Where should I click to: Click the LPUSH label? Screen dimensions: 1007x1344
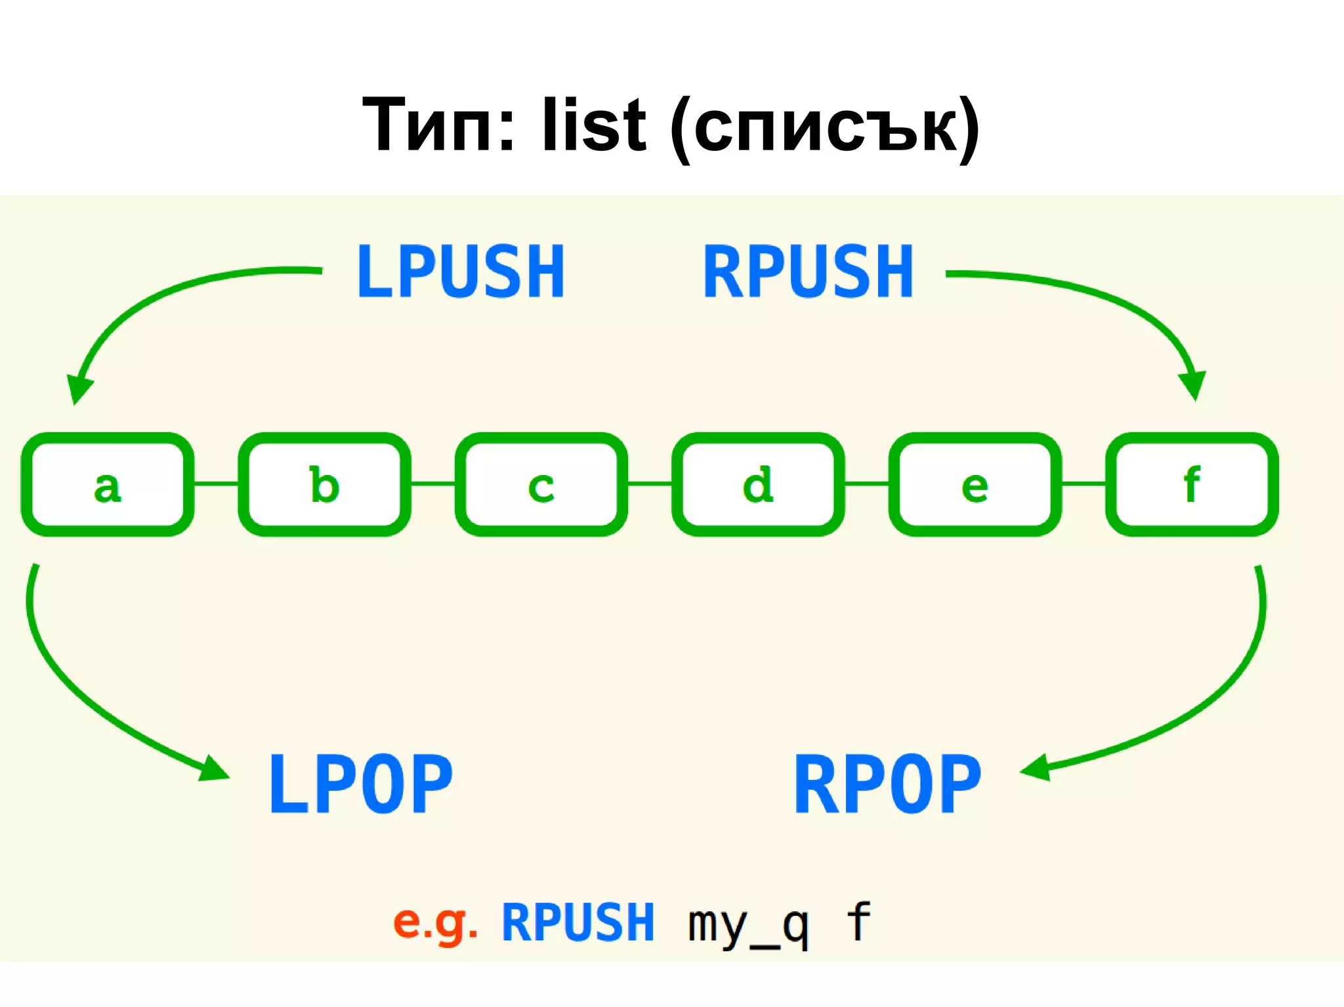click(x=461, y=271)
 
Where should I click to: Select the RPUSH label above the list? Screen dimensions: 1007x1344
click(x=808, y=271)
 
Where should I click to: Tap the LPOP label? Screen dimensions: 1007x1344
click(x=361, y=784)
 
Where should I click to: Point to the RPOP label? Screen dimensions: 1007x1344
click(x=887, y=784)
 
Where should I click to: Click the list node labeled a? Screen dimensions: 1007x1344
click(x=108, y=484)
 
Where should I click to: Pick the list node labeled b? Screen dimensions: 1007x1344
click(x=324, y=484)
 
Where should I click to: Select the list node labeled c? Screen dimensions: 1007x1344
click(x=541, y=484)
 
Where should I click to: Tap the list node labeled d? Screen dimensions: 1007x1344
click(x=758, y=484)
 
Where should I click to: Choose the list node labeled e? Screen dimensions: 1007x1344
click(x=975, y=484)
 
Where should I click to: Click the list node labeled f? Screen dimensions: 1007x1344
click(x=1192, y=484)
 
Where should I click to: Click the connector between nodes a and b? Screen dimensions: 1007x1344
click(x=216, y=483)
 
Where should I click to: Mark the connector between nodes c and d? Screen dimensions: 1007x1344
click(x=650, y=483)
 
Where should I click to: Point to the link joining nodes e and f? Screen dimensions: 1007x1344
click(x=1083, y=483)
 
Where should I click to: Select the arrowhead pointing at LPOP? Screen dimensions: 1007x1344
click(x=214, y=770)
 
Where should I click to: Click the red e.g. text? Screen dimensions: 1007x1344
click(x=434, y=922)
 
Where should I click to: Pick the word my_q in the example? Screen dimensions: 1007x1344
click(x=747, y=924)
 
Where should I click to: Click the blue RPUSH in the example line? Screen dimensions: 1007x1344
click(x=577, y=922)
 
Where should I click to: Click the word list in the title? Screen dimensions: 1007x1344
click(x=593, y=125)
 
